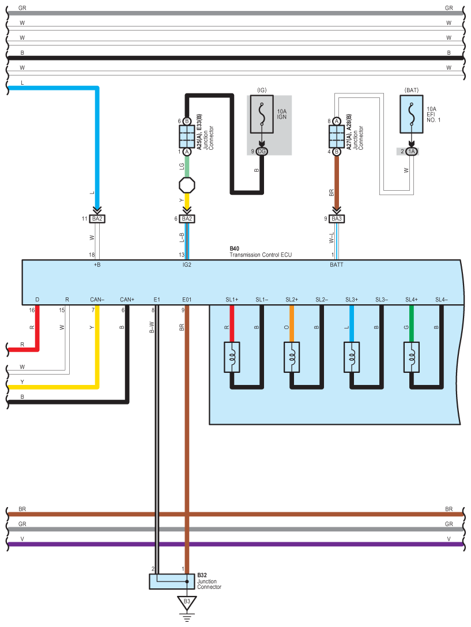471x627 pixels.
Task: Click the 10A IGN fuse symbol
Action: [x=262, y=114]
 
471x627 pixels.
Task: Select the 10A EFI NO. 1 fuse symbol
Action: [x=412, y=114]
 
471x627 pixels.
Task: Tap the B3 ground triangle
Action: [x=187, y=603]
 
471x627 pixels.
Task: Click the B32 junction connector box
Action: [x=172, y=582]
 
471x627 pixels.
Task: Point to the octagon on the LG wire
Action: [x=187, y=185]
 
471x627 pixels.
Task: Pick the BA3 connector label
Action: [x=337, y=219]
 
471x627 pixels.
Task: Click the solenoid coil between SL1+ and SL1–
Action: [x=232, y=357]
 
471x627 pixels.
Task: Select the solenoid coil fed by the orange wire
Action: [x=292, y=357]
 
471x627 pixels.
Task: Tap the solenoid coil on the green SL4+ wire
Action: [x=412, y=357]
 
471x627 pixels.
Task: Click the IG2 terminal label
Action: [x=187, y=265]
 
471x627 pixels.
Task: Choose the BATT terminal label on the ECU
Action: [x=337, y=265]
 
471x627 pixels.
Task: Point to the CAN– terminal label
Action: [x=97, y=300]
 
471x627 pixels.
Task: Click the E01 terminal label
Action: [x=187, y=300]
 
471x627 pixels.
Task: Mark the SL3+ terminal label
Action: [x=352, y=300]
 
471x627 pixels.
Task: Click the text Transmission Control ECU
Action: [x=261, y=255]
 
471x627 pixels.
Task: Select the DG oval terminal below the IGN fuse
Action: [x=262, y=152]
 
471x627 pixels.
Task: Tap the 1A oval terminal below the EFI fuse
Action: [x=412, y=152]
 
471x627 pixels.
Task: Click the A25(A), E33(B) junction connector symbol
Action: [x=187, y=137]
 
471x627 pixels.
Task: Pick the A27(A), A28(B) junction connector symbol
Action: [x=337, y=137]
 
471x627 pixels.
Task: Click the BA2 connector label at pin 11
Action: [x=97, y=219]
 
